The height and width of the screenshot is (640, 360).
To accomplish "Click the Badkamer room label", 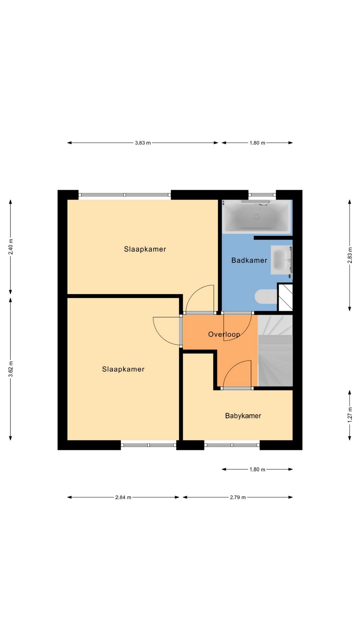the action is (249, 260).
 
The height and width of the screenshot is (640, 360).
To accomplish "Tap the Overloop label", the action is (224, 334).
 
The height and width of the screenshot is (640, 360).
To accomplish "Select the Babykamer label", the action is (243, 416).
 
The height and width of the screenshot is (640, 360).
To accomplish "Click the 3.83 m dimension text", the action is (143, 143).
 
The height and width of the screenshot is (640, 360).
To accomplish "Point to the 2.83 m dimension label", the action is (350, 255).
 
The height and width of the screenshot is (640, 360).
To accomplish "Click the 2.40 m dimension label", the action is (11, 247).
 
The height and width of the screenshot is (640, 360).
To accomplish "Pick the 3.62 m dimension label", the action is (11, 369).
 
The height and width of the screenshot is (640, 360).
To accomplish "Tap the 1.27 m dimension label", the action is (350, 415).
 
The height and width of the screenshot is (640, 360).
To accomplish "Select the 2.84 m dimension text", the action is (123, 497).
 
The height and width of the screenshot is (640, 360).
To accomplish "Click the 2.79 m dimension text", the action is (238, 497).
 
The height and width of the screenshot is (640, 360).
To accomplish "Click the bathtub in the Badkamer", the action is (256, 216).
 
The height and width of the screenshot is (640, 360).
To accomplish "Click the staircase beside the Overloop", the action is (275, 351).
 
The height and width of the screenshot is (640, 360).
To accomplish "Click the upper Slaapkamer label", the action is (145, 249).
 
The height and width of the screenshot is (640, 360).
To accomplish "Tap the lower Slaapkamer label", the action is (123, 369).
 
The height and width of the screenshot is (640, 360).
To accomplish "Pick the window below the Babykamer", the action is (232, 445).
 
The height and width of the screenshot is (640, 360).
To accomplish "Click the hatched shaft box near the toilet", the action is (285, 297).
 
